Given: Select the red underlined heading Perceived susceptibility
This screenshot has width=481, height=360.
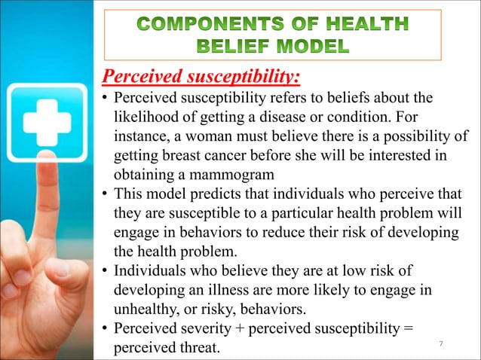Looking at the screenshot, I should pyautogui.click(x=201, y=77).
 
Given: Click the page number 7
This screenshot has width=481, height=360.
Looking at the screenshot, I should pyautogui.click(x=441, y=344).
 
